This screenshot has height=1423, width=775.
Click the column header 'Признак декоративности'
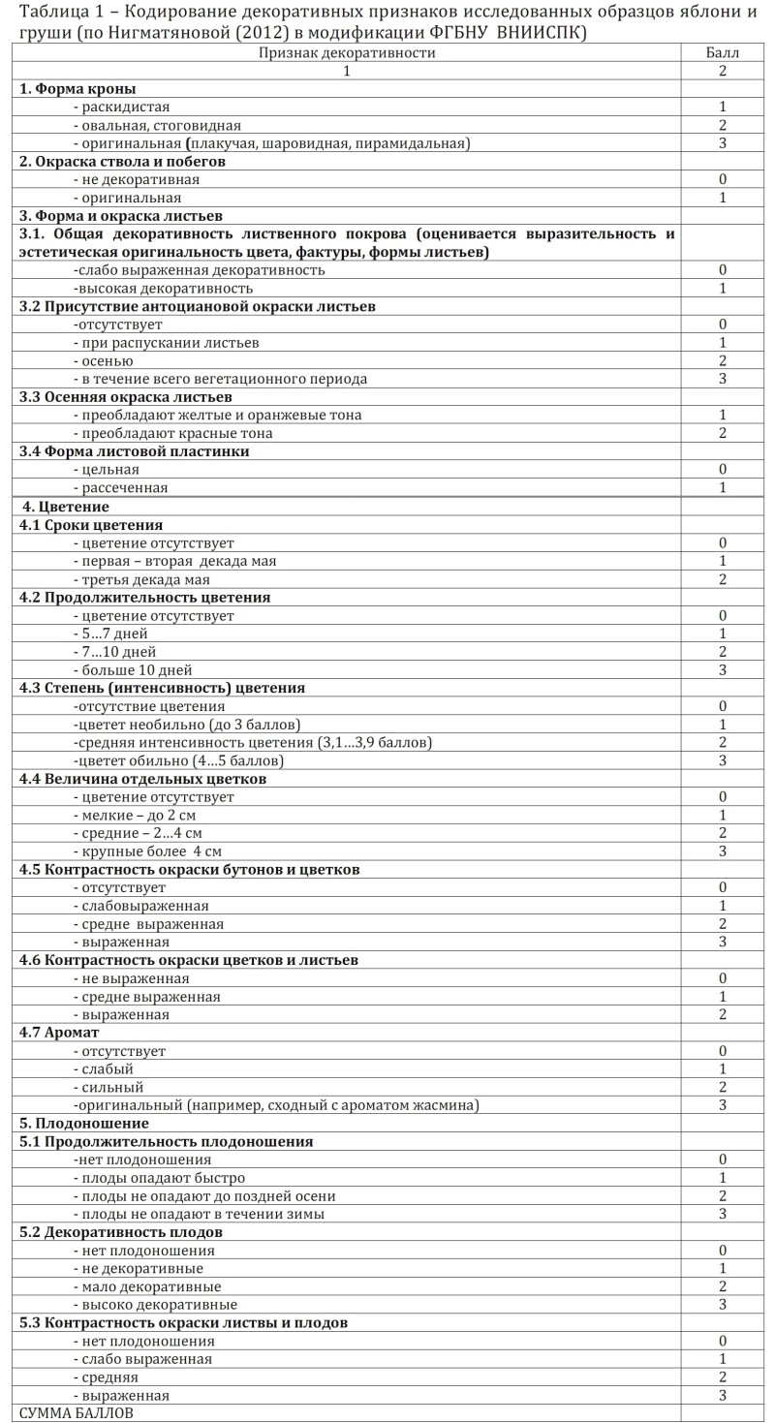coord(346,53)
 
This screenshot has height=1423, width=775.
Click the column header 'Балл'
coord(722,53)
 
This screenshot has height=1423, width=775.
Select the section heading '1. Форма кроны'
coord(77,89)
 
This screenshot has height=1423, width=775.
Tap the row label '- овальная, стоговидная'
coord(157,125)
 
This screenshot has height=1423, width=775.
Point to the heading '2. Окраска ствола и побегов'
coord(122,162)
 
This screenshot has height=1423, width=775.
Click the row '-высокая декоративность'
coord(163,289)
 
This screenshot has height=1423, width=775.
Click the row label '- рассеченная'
coord(120,488)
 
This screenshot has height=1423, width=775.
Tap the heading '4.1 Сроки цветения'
coord(91,525)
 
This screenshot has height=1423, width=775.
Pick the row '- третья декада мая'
coord(141,579)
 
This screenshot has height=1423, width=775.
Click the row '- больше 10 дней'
coord(133,670)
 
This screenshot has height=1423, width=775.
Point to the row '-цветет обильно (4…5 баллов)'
coord(178,761)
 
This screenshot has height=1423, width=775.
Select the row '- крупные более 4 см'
coord(147,851)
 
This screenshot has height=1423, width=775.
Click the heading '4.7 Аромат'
coord(59,1033)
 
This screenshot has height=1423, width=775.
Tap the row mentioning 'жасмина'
coord(276,1105)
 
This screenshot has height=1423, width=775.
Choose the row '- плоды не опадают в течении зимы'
coord(199,1214)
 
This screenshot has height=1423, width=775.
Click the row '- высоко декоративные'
coord(155,1305)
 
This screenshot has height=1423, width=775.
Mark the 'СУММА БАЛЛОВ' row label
coord(77,1413)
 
